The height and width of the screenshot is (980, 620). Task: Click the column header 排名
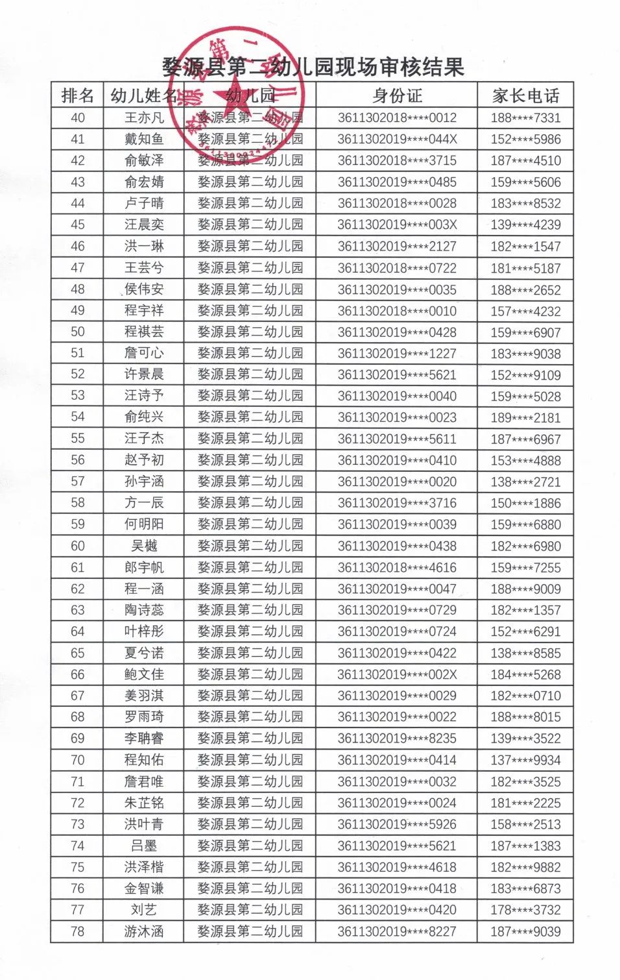click(78, 96)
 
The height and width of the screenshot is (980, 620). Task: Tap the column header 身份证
click(397, 96)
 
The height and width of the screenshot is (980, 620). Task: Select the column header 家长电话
click(525, 96)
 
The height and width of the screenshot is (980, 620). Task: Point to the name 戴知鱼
click(144, 139)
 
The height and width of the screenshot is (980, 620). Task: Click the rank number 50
click(78, 332)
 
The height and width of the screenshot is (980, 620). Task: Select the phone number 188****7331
click(525, 117)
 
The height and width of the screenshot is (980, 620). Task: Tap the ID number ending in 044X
click(397, 139)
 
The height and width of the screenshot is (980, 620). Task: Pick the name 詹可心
click(144, 353)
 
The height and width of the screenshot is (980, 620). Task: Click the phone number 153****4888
click(525, 460)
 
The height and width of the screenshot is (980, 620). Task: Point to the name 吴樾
click(144, 546)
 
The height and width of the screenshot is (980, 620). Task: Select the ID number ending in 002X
click(397, 674)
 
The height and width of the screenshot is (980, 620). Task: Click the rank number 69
click(78, 739)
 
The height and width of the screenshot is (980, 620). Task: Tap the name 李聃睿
click(144, 739)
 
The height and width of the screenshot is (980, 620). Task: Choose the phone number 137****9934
click(525, 760)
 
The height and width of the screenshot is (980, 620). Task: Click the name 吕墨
click(144, 846)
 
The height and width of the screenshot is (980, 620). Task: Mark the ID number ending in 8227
click(397, 931)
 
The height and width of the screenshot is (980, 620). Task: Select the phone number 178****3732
click(525, 910)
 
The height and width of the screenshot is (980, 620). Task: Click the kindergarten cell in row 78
click(250, 931)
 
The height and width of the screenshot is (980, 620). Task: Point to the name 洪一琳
click(144, 246)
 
